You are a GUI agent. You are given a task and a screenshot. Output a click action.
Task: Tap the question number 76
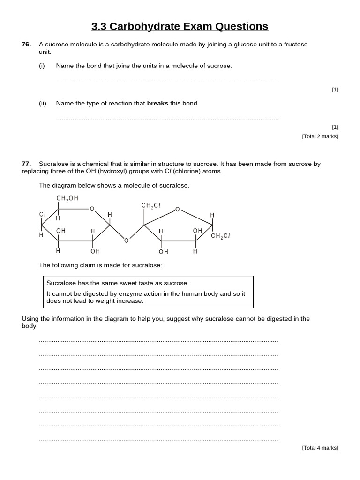tap(26, 45)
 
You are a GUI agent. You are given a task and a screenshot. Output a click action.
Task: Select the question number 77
tap(26, 164)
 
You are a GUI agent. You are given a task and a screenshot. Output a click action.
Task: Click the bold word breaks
tap(157, 103)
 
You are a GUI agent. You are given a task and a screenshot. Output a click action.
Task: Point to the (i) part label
tap(42, 66)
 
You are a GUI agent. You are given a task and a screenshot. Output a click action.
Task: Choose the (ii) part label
tap(43, 103)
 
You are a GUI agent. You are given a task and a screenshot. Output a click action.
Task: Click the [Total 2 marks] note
tap(320, 136)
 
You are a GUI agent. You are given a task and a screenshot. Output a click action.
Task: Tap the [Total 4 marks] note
tap(320, 448)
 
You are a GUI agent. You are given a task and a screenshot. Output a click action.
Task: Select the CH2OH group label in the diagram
tap(67, 199)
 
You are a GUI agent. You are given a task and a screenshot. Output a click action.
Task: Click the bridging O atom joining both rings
tap(126, 241)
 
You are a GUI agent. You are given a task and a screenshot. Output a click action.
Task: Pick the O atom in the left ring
tap(92, 209)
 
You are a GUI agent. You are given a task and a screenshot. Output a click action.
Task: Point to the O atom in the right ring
tap(177, 210)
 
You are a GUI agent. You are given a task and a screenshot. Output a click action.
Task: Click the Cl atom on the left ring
tap(42, 214)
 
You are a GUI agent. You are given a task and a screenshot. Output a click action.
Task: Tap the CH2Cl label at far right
tap(220, 236)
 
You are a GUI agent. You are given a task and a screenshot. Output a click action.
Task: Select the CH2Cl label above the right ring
tap(151, 206)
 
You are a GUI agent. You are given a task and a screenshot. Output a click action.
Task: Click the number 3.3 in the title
tap(99, 26)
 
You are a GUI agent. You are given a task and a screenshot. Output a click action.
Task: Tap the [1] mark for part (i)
tap(335, 90)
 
